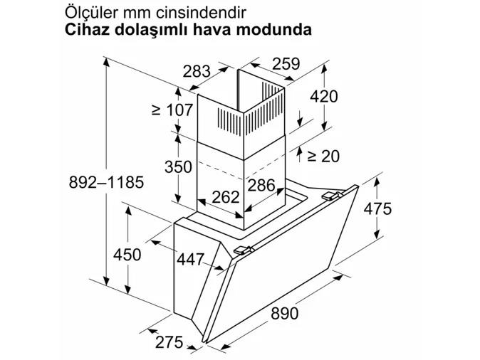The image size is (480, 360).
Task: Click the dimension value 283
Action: pos(197,72)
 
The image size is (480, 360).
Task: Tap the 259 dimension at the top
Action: pos(286,64)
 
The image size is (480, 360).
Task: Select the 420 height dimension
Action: pos(324,96)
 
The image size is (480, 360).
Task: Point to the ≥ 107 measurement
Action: pos(172,110)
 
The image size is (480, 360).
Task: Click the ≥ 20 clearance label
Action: pos(323,157)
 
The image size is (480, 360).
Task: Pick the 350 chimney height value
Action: pos(178,167)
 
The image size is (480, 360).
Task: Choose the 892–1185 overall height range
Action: pos(106,182)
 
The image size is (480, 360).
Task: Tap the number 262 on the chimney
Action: pos(226,197)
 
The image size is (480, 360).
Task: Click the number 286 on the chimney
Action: pos(261,186)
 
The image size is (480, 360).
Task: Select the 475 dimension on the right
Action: pos(377,209)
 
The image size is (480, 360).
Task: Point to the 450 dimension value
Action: pos(127,255)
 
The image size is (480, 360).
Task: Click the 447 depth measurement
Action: pos(190,260)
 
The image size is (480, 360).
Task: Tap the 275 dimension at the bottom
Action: pos(169,342)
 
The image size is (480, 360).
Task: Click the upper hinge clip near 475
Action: pos(332,196)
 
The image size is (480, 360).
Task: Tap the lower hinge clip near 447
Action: pos(244,250)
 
